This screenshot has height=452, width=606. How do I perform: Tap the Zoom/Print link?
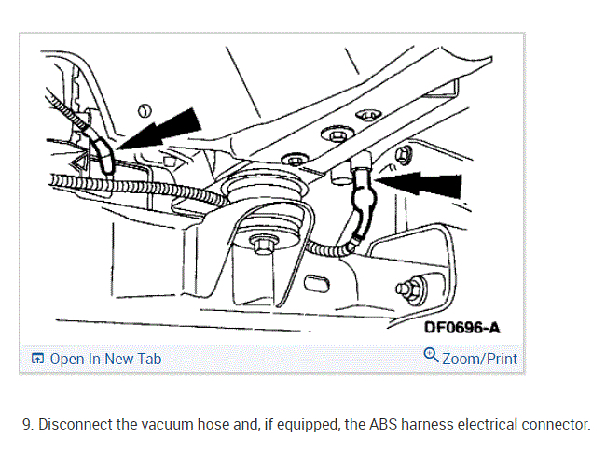pos(479,358)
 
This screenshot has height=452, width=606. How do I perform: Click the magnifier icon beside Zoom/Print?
pos(431,356)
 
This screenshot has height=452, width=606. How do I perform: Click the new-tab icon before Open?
pos(37,359)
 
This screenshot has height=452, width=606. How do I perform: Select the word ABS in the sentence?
pos(391,424)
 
